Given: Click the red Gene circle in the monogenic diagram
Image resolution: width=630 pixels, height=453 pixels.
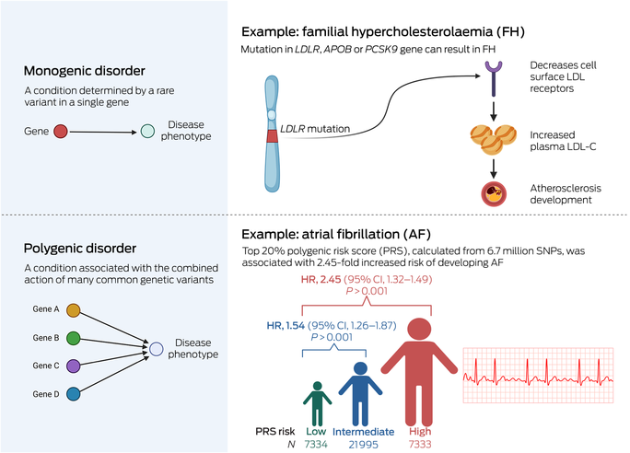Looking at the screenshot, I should coord(61,133).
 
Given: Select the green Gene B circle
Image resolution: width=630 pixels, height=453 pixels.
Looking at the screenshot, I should coord(74,338).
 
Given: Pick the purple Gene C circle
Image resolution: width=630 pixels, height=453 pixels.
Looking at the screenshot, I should coord(74,365).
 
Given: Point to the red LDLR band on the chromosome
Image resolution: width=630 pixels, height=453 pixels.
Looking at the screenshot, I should coord(272,136).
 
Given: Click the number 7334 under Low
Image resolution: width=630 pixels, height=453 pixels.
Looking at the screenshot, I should coord(316,447).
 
